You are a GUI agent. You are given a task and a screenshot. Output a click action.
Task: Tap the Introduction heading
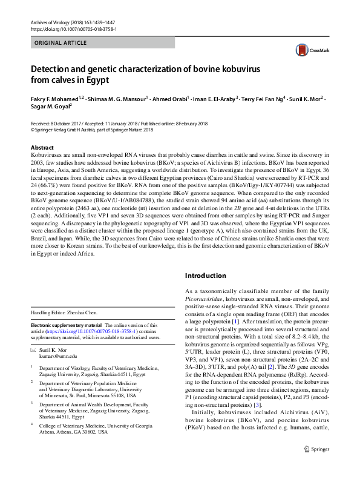(x=209, y=276)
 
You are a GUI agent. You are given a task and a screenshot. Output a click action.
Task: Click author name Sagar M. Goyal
(x=50, y=107)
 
